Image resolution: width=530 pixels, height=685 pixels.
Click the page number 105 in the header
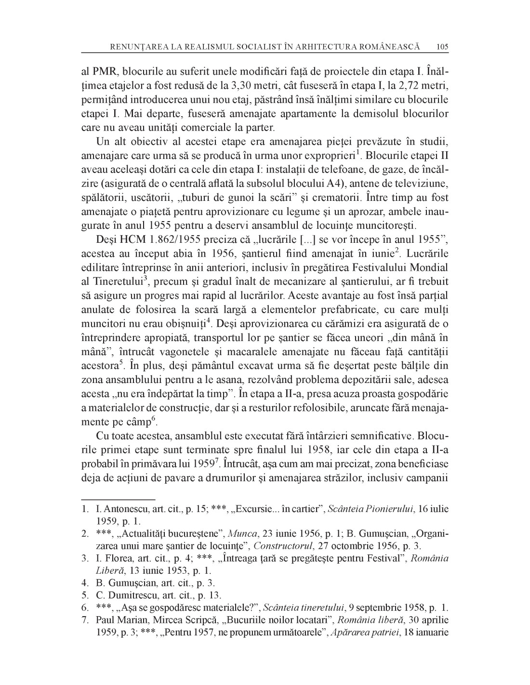coord(442,47)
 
